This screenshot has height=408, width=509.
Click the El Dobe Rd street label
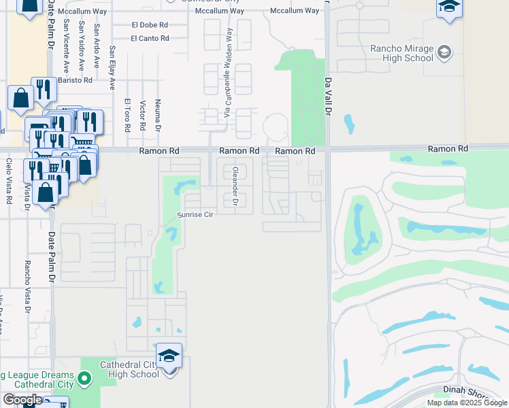150,24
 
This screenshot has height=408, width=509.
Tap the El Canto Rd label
150,38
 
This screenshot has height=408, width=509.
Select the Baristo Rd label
75,80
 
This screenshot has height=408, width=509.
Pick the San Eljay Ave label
113,68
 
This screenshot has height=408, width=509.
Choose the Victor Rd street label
143,116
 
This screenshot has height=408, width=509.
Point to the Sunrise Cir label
196,214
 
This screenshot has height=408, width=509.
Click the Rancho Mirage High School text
401,53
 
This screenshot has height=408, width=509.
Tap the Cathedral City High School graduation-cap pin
169,356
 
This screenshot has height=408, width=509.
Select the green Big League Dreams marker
84,377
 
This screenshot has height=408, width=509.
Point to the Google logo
22,400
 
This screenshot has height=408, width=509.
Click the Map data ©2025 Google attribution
467,403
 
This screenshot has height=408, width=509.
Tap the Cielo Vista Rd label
10,181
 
